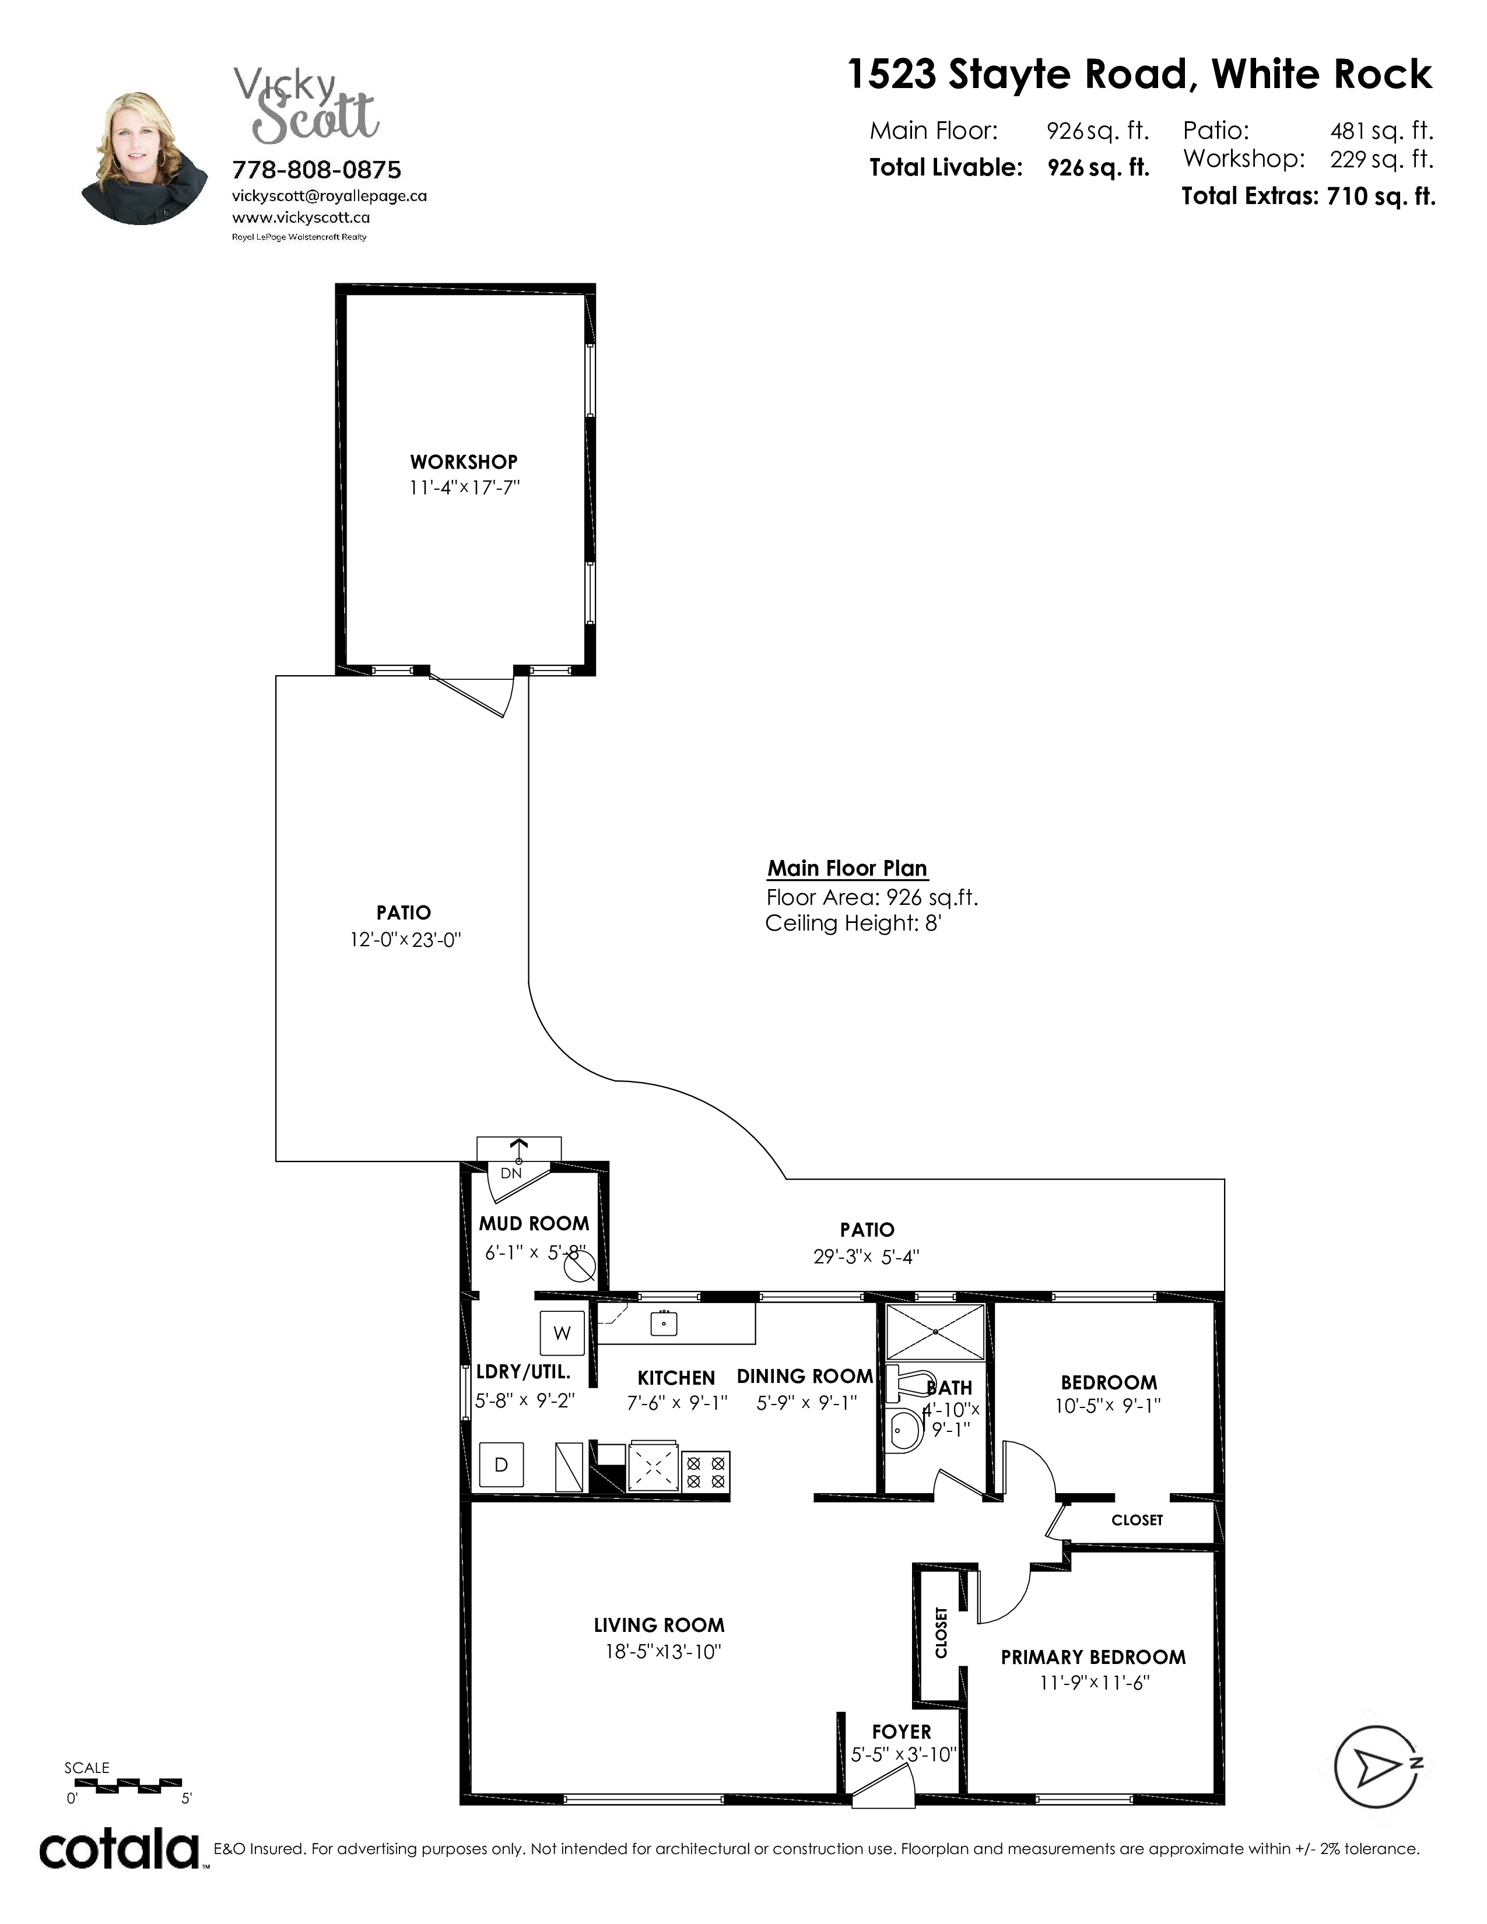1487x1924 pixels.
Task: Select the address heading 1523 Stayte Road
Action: (1021, 74)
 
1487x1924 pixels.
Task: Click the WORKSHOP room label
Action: (464, 462)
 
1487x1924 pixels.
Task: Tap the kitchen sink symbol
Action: (664, 1322)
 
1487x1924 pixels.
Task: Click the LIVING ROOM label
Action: (659, 1625)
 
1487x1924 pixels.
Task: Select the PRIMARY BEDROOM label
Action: (1093, 1657)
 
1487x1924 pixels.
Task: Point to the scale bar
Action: (128, 1786)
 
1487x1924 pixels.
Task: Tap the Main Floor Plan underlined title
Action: (847, 869)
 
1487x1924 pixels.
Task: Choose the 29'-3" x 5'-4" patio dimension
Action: (867, 1257)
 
